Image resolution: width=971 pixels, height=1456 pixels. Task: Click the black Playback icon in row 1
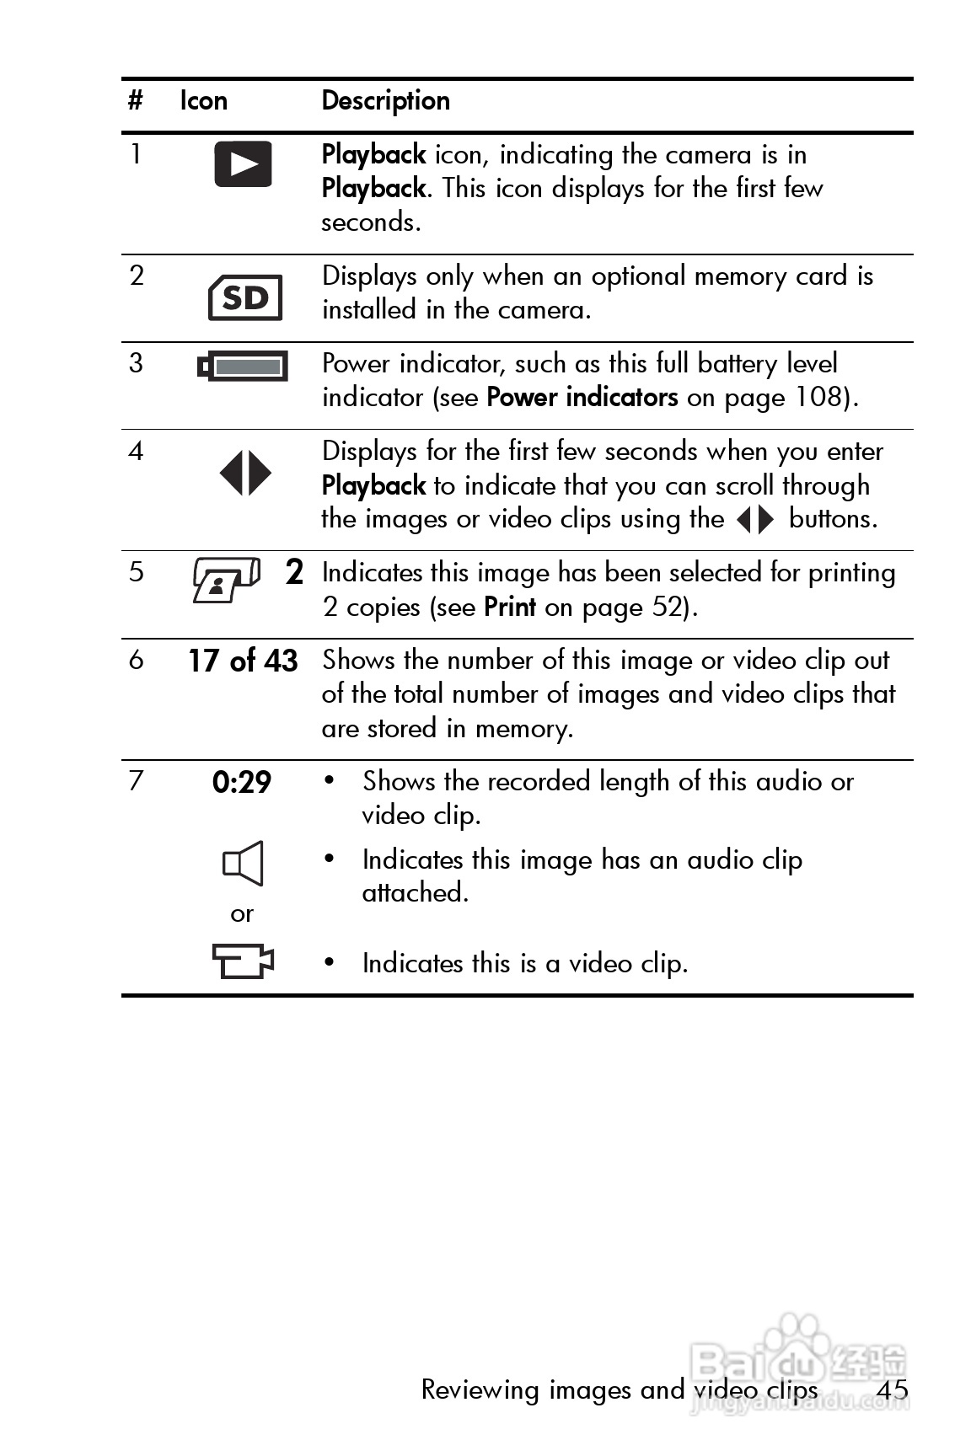click(243, 163)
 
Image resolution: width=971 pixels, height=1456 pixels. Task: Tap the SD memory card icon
click(245, 297)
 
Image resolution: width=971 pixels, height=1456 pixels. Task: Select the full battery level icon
click(243, 367)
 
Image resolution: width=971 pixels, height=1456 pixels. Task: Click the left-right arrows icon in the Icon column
click(245, 473)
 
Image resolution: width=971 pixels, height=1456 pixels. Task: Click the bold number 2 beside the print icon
click(294, 573)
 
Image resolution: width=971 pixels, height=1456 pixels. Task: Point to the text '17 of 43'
click(243, 661)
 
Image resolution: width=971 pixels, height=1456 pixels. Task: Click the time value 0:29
click(242, 783)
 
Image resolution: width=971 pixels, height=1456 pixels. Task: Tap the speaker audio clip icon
click(243, 864)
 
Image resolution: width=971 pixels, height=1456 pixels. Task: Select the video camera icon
click(243, 961)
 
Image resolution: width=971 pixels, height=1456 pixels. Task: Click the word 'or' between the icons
click(242, 914)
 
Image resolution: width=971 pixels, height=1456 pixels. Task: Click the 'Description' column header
click(386, 101)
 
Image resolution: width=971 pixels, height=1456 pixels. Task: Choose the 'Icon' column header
click(204, 101)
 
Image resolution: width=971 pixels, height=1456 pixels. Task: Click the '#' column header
click(135, 101)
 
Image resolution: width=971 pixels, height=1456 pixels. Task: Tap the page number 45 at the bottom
click(892, 1389)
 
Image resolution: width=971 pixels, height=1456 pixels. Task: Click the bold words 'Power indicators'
click(582, 397)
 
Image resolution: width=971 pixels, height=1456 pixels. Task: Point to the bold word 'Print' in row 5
click(510, 607)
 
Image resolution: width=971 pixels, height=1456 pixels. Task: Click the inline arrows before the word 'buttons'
click(754, 520)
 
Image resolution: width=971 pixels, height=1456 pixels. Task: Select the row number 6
click(136, 660)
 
